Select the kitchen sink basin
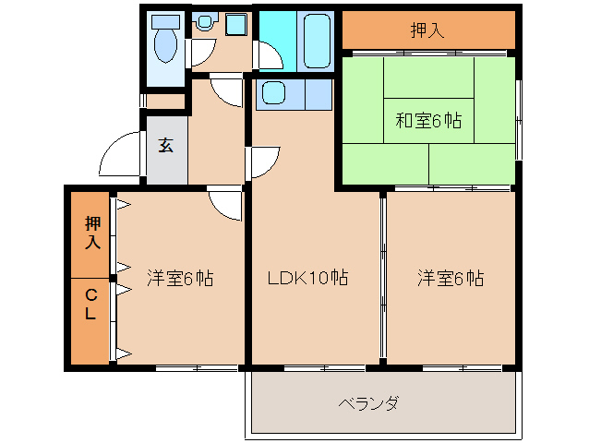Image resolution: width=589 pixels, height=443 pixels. click(x=273, y=93)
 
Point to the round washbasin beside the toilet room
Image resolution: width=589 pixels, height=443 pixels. click(x=203, y=23)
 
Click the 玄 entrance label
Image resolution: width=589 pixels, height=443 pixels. click(x=166, y=145)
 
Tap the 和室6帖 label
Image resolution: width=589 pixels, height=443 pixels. click(x=428, y=120)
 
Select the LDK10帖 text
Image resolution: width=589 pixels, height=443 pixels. click(x=307, y=277)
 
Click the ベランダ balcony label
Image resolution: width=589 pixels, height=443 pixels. click(x=368, y=403)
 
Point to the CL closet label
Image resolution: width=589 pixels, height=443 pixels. click(x=90, y=305)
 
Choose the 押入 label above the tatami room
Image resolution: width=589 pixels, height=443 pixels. click(x=427, y=30)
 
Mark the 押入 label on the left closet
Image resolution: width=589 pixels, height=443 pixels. click(x=90, y=233)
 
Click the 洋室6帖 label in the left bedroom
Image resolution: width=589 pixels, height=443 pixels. click(x=180, y=277)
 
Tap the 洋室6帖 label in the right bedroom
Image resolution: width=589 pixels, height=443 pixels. click(x=450, y=277)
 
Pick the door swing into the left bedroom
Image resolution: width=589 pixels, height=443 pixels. click(x=224, y=203)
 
